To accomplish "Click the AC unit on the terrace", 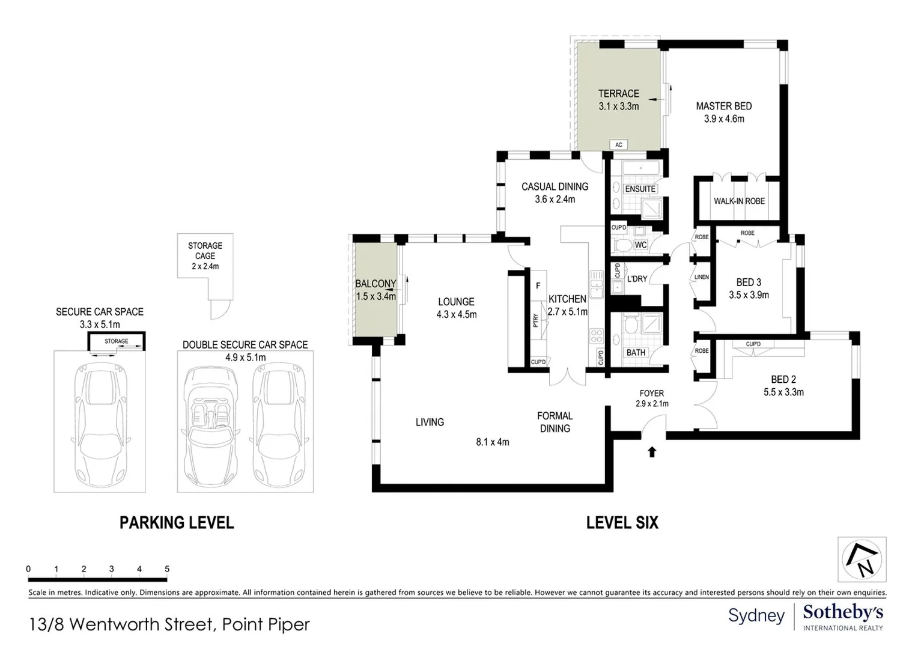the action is pos(619,145).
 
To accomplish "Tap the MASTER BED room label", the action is pos(724,106).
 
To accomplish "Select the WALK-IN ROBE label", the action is pos(740,201).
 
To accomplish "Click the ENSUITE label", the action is pos(640,189).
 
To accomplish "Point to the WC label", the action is pos(640,245).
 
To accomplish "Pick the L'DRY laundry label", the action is pos(637,279).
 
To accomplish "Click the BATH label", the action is pos(636,353).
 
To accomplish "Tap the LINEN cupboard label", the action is pos(702,277).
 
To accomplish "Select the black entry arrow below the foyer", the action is pos(652,452).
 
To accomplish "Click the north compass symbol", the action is pos(862,559).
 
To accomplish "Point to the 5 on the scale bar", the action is pos(167,568).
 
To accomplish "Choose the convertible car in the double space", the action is pos(211,424).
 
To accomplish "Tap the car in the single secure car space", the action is pos(100,424).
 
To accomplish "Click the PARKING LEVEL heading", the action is pos(177,523).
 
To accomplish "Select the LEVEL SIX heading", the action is pos(622,523).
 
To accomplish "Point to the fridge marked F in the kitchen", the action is pos(538,286).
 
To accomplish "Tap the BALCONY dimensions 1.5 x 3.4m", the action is pos(376,296).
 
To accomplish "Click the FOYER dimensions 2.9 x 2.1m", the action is pos(652,404).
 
